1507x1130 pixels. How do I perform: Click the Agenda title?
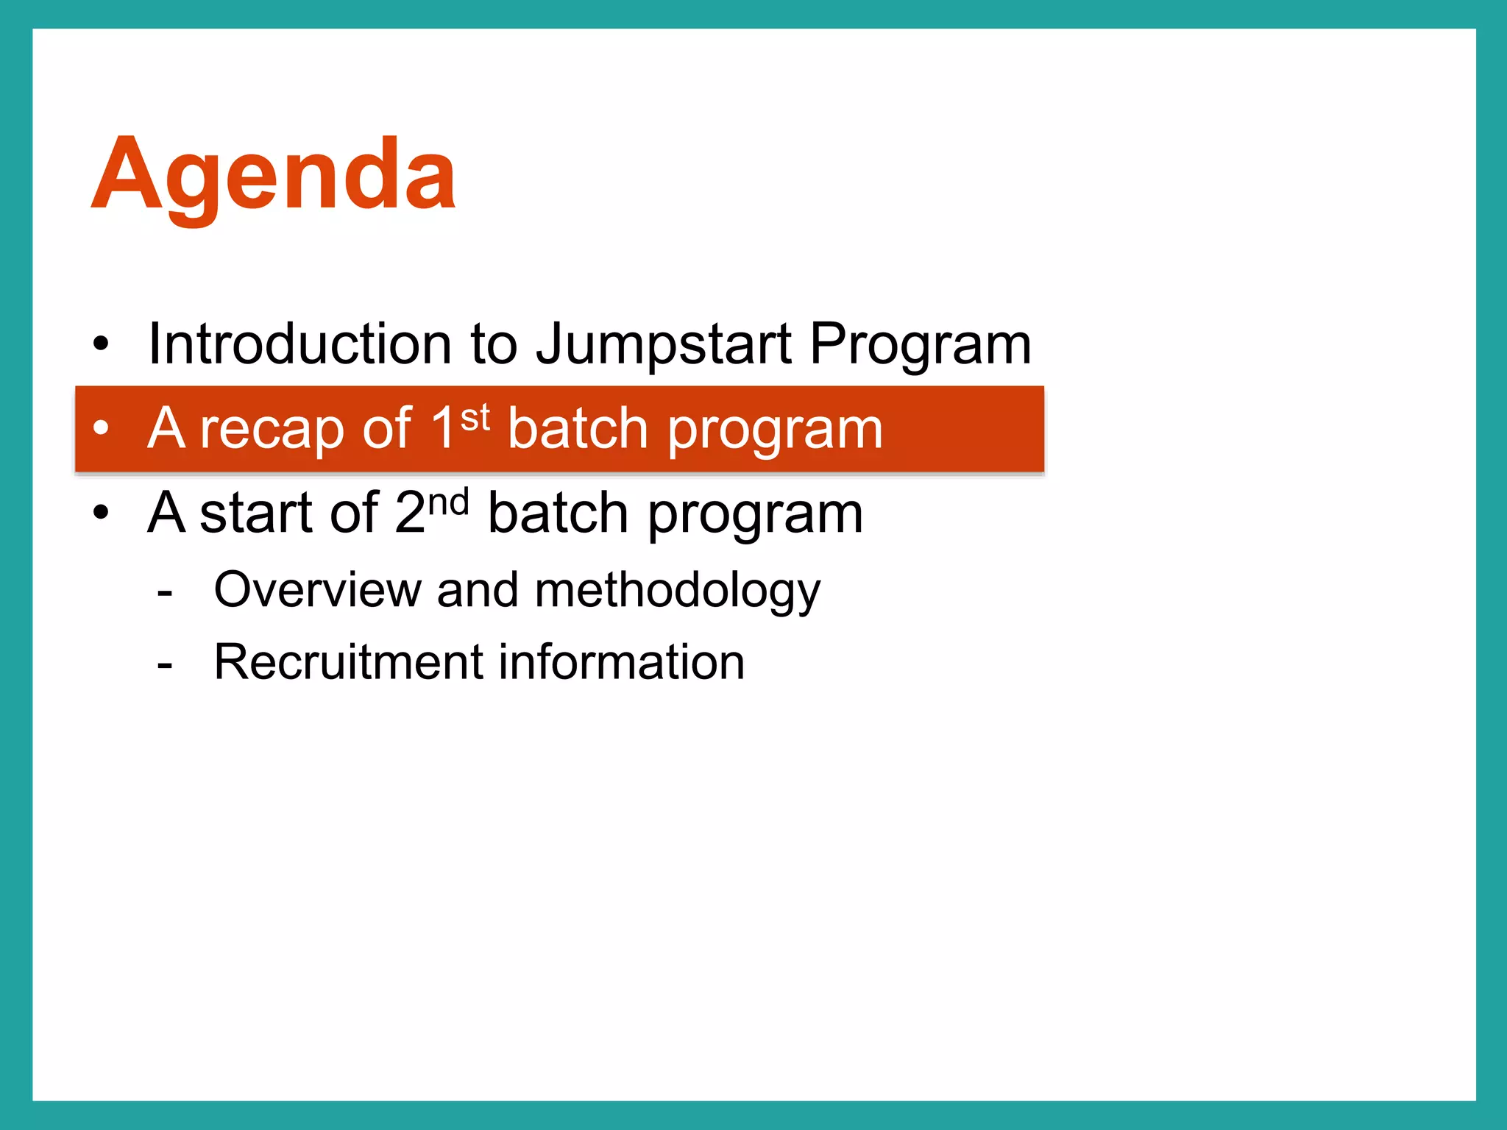pos(273,177)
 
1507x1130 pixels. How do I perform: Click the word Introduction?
pos(299,344)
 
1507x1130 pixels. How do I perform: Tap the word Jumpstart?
pos(664,345)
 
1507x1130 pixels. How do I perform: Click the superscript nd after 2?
pos(448,503)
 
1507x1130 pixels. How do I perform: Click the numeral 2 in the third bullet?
pos(410,512)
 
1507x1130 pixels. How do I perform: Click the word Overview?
pos(316,590)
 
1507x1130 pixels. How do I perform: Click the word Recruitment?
pos(347,661)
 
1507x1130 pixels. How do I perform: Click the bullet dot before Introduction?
pos(101,344)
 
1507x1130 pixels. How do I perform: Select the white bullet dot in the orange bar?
pos(101,427)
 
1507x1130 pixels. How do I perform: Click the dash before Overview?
pos(165,592)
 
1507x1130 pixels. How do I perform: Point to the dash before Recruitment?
pos(165,665)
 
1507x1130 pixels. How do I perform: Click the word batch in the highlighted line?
pos(577,428)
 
